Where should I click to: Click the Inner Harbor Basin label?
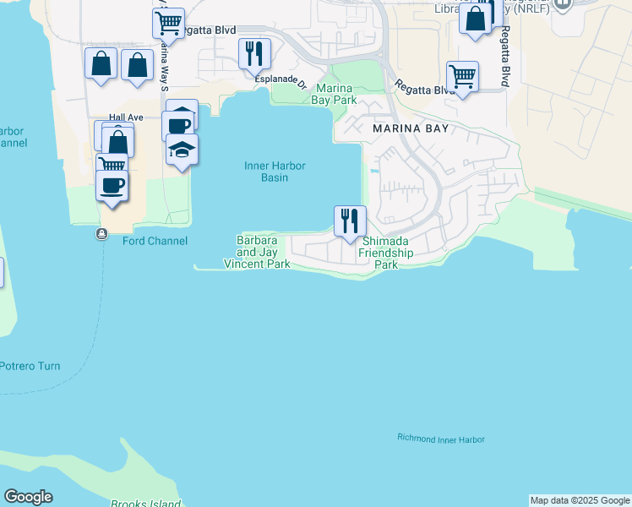[x=275, y=172]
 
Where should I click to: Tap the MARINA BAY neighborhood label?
[x=411, y=129]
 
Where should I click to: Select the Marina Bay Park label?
[x=336, y=94]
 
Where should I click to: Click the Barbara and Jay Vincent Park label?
[x=257, y=252]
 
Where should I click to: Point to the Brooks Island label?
[x=145, y=504]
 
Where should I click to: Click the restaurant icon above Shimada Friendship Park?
[x=350, y=221]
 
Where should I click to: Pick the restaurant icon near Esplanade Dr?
[x=254, y=53]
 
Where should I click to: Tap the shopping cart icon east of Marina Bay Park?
[x=462, y=76]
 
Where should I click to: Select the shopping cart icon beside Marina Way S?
[x=168, y=23]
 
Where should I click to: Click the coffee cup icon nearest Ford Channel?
[x=111, y=185]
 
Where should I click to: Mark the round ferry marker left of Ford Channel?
[x=102, y=234]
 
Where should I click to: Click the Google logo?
[x=28, y=497]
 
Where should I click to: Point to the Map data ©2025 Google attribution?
[x=580, y=500]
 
